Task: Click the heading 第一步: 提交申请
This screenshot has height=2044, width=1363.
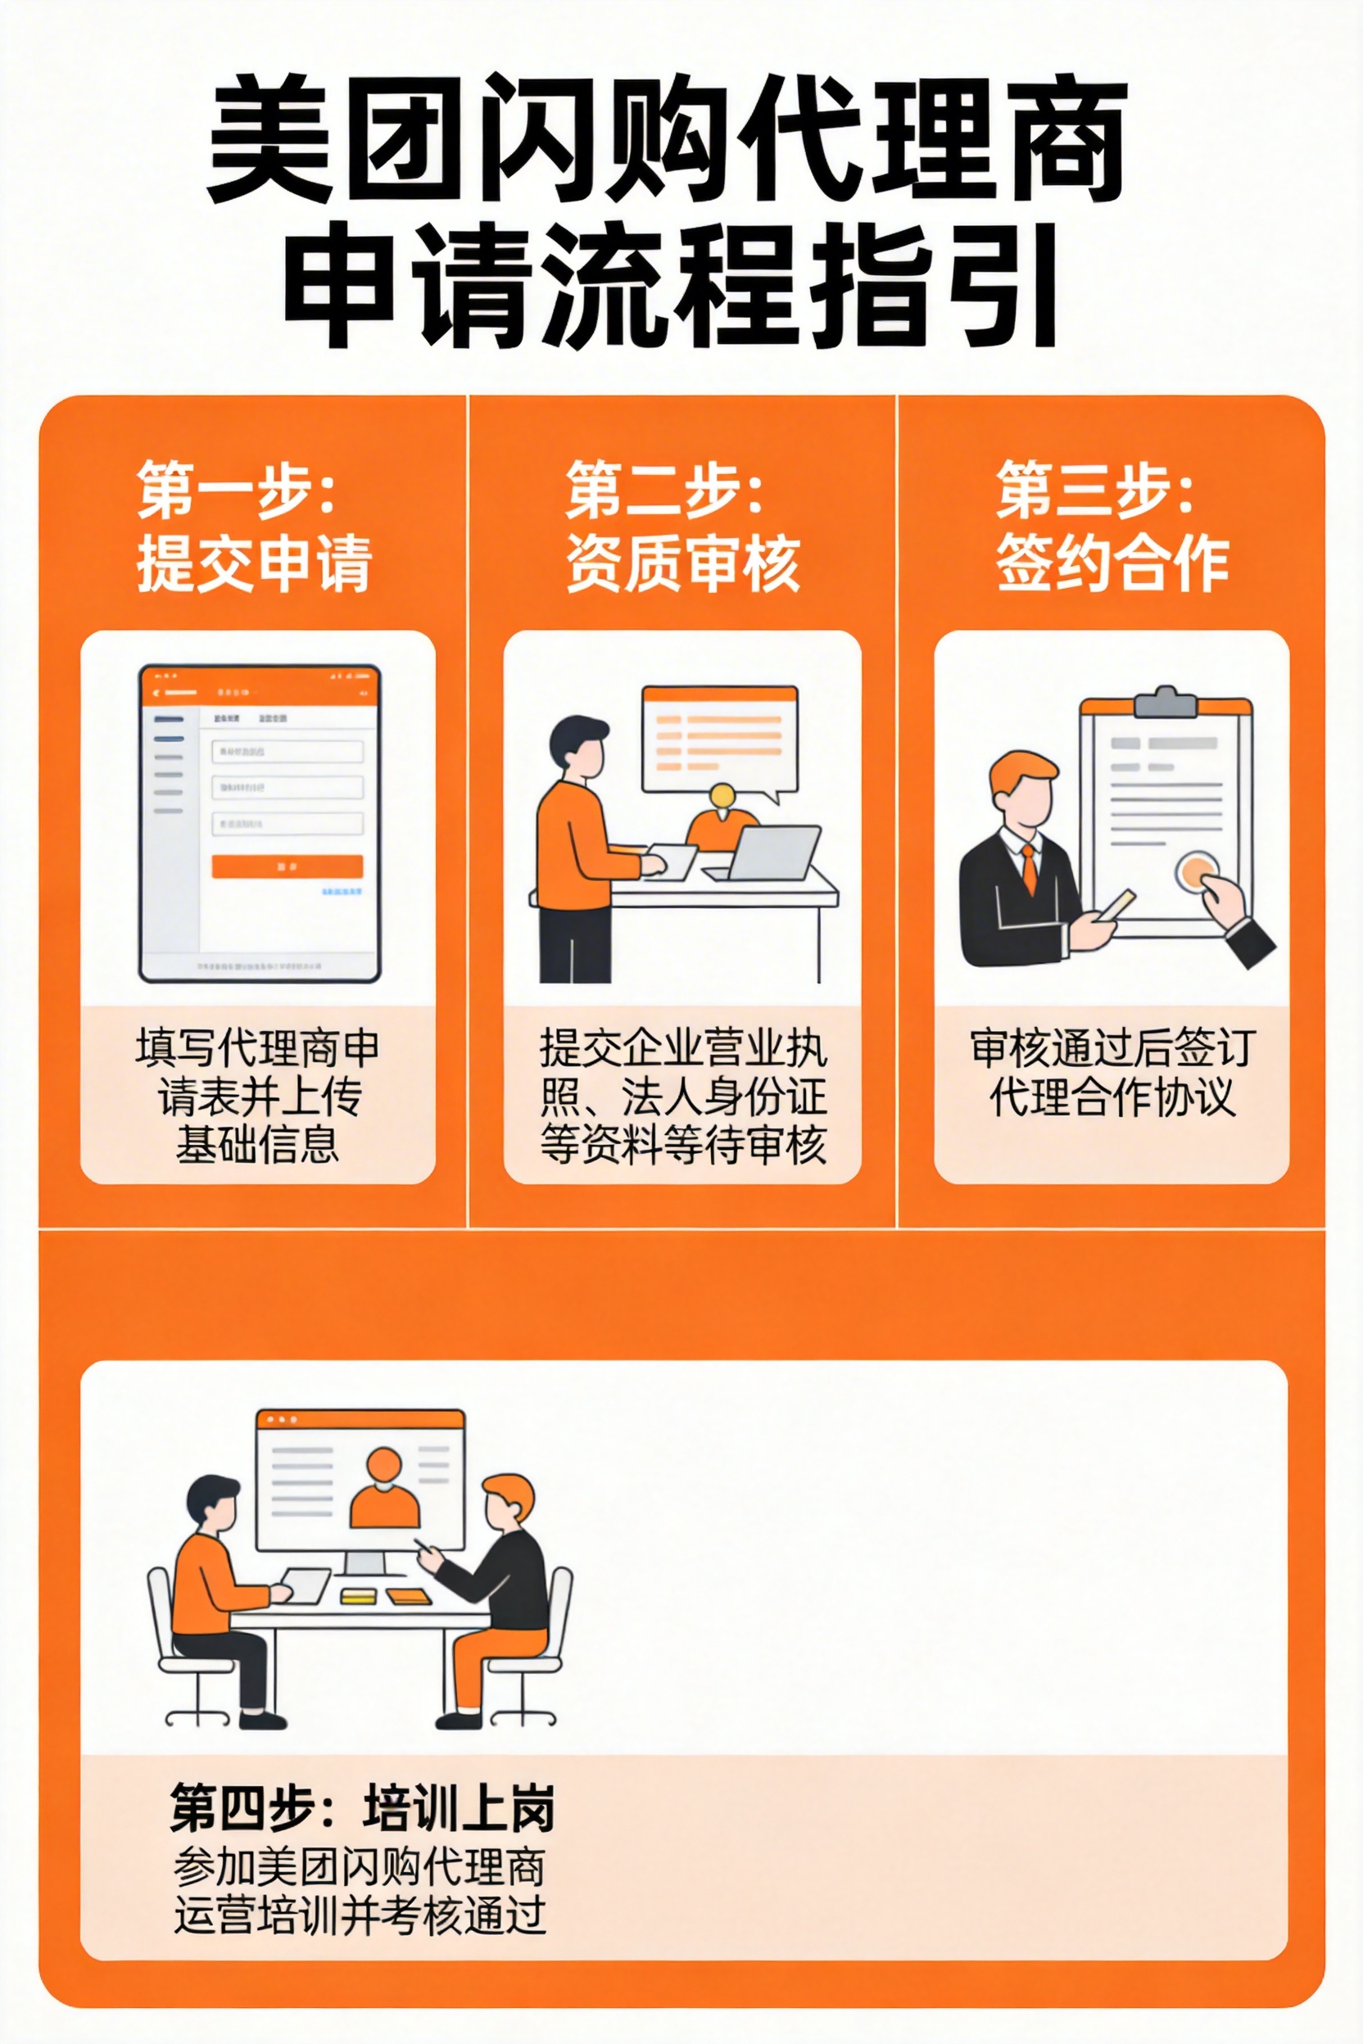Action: (254, 527)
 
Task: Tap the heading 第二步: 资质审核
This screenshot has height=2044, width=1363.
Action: (683, 527)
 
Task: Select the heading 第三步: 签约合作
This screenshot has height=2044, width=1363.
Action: (1112, 527)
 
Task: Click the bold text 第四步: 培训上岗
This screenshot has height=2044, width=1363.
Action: (361, 1809)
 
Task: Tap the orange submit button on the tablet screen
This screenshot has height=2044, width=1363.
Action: (287, 866)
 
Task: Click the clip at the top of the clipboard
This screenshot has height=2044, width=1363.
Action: (1165, 701)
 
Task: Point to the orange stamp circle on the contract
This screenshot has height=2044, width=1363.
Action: (1197, 869)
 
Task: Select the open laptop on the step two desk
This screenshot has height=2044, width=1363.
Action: (769, 853)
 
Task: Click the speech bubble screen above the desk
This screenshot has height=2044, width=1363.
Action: (720, 739)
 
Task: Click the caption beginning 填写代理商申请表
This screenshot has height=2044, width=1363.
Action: (257, 1096)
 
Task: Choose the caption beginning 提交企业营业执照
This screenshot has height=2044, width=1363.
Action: (683, 1096)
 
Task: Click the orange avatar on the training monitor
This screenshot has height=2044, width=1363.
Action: (384, 1491)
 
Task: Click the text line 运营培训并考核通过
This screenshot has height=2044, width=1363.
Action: (360, 1915)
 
